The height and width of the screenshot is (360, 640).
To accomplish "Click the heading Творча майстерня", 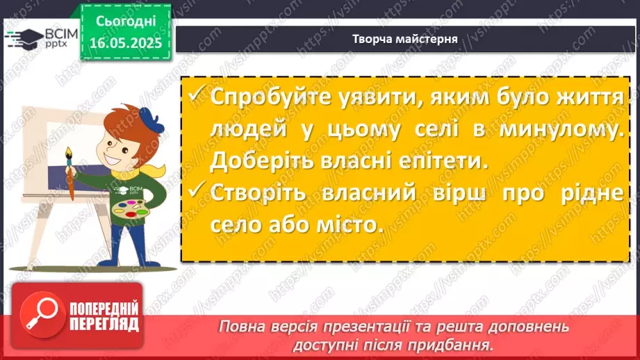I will [404, 39].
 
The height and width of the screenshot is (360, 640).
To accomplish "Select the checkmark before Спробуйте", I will [197, 97].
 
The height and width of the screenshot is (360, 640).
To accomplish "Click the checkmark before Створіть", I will [197, 193].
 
